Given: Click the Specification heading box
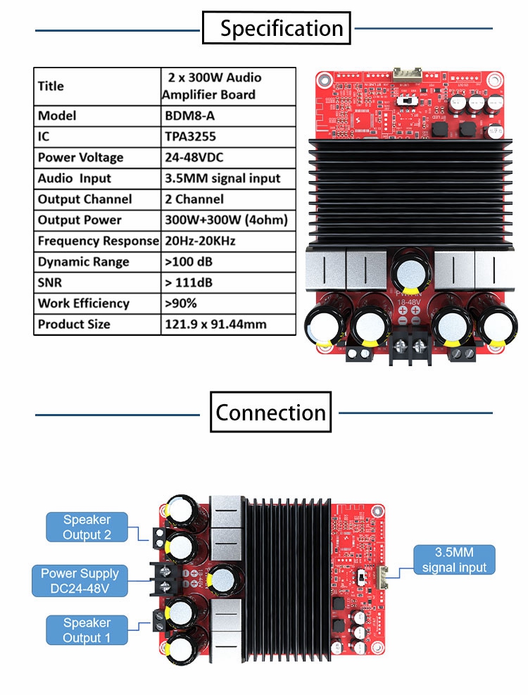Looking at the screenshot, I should click(x=276, y=29).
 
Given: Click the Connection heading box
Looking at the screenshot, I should click(x=271, y=412).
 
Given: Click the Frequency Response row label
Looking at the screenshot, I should click(x=98, y=241).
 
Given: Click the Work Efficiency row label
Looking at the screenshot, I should click(x=98, y=303).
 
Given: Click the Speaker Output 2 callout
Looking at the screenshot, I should click(x=87, y=527).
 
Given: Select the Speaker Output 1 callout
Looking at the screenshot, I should click(x=87, y=630).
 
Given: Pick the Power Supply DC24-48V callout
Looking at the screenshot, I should click(x=80, y=581).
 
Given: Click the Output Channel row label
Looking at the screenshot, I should click(x=98, y=199).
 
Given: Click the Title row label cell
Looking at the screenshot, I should click(x=98, y=86).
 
